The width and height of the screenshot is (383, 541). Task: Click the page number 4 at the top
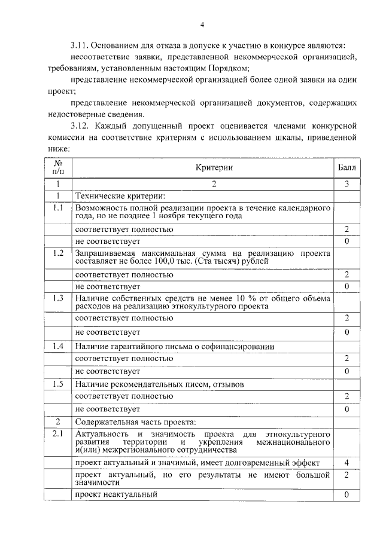tap(202, 25)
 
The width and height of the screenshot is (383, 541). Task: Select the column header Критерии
tap(214, 168)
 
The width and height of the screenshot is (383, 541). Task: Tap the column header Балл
tap(346, 168)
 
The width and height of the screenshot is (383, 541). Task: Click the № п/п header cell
tap(59, 167)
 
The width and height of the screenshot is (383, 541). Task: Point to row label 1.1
tap(59, 207)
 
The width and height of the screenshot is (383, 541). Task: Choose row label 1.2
tap(59, 253)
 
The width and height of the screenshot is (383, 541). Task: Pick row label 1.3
tap(59, 298)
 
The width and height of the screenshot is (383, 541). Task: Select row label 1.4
tap(59, 346)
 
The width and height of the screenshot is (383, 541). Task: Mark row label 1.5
tap(59, 384)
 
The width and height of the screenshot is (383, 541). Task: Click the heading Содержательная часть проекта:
tap(139, 421)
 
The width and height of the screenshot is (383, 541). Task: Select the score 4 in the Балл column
tap(346, 463)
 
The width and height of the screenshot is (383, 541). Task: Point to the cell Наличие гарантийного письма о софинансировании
tap(175, 347)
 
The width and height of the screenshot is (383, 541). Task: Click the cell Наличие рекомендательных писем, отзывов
tap(160, 384)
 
